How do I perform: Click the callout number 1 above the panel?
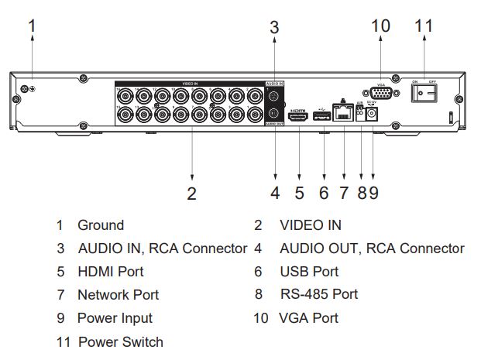(33, 26)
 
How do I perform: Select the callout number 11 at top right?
(424, 26)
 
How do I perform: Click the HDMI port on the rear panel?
(299, 117)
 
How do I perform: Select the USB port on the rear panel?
(321, 118)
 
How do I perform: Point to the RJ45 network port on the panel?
(342, 114)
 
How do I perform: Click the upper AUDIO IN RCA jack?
(273, 97)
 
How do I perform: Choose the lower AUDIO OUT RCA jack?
(273, 115)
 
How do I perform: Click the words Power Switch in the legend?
(120, 341)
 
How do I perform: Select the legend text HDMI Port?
(110, 272)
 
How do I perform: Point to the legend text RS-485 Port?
(318, 294)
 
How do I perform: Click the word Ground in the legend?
(100, 225)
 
